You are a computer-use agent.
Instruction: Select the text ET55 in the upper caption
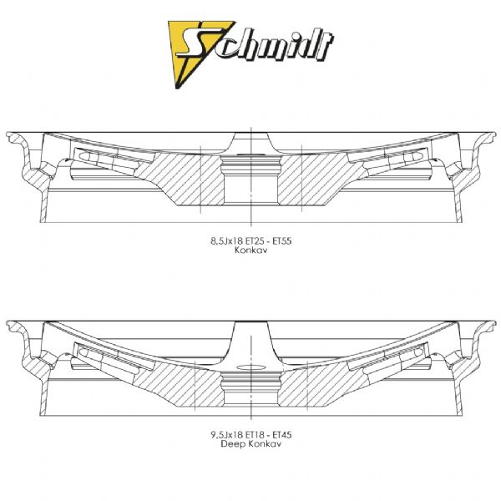282,241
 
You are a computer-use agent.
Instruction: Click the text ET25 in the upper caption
254,241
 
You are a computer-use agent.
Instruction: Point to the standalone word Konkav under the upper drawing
250,250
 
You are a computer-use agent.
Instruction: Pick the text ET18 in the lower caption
254,435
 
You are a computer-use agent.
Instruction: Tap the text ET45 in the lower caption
282,435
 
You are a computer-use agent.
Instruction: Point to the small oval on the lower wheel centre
251,367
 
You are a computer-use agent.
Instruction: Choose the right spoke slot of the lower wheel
388,356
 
